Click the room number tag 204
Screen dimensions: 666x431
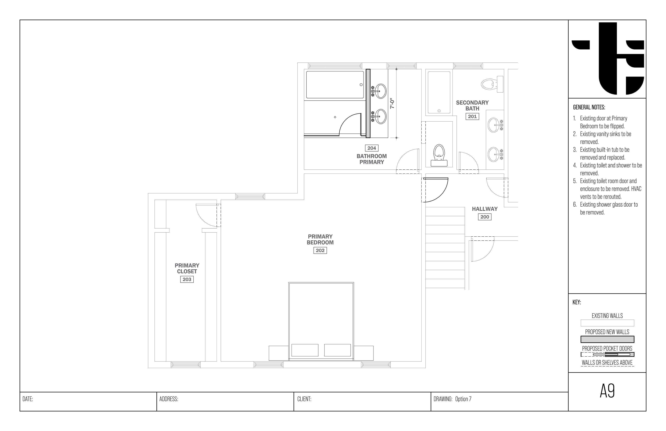[372, 148]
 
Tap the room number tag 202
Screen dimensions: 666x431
[320, 250]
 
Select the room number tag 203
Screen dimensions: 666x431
[187, 279]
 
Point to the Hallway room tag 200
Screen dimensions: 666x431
[485, 217]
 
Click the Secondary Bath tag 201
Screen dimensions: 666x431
[472, 116]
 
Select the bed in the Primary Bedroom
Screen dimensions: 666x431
[321, 321]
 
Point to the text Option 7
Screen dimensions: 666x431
[463, 399]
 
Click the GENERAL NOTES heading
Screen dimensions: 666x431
[589, 107]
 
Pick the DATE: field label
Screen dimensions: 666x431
[28, 399]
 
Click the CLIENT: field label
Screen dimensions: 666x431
[304, 399]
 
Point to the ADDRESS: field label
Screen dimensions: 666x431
[169, 399]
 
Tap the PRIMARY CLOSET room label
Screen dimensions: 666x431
[187, 268]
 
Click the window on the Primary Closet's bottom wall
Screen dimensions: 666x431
[186, 365]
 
